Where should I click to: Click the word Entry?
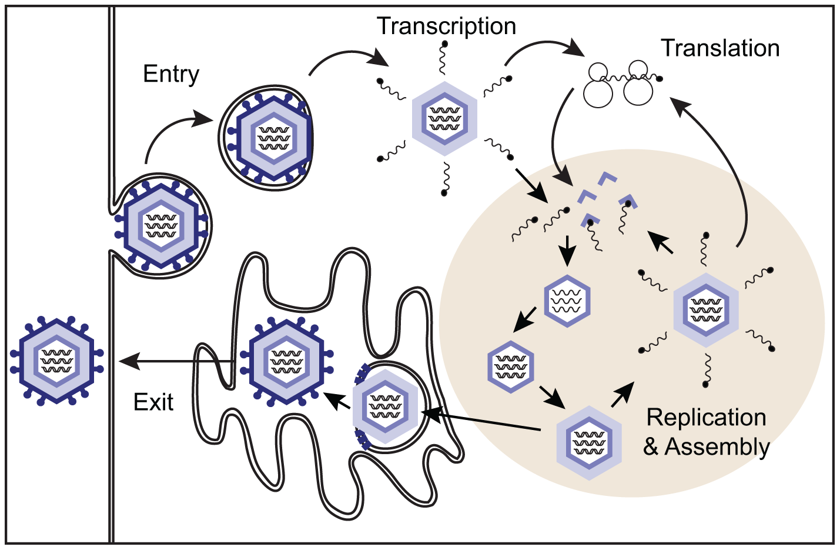[x=171, y=74]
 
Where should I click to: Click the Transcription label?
[x=446, y=26]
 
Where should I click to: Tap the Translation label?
[x=720, y=48]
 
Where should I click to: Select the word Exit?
[x=153, y=402]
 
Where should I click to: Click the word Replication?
[x=706, y=418]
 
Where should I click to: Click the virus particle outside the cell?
[x=57, y=361]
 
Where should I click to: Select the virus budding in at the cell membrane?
[x=162, y=225]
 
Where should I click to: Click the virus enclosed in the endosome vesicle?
[x=271, y=138]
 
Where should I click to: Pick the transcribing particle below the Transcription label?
[x=444, y=119]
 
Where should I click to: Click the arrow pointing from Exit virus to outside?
[x=176, y=361]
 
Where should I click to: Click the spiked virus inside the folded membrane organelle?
[x=286, y=361]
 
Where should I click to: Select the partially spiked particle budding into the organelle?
[x=385, y=406]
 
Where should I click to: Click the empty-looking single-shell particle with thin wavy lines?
[x=567, y=301]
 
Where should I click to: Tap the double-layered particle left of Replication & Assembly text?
[x=589, y=443]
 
